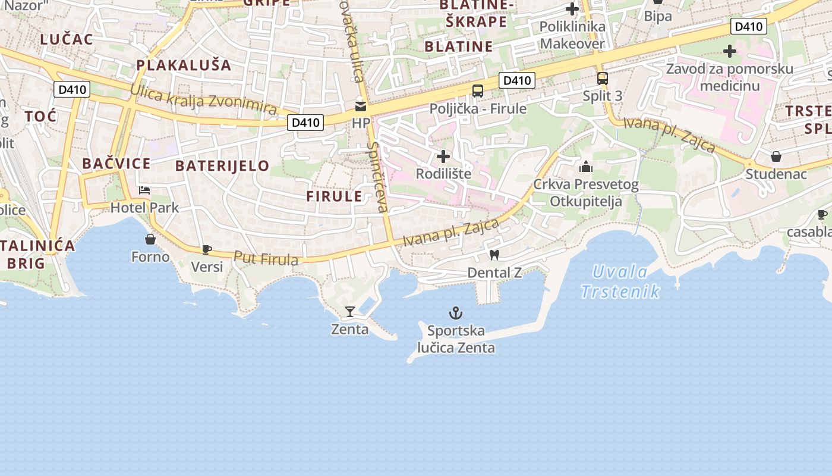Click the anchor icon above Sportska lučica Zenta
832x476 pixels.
pyautogui.click(x=455, y=313)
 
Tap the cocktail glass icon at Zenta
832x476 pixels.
pyautogui.click(x=349, y=311)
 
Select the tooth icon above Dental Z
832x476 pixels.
pyautogui.click(x=493, y=255)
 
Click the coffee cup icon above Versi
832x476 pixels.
pyautogui.click(x=206, y=249)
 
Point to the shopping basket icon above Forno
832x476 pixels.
pyautogui.click(x=150, y=239)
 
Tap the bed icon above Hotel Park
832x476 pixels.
pyautogui.click(x=144, y=190)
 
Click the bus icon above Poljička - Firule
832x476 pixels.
pyautogui.click(x=478, y=91)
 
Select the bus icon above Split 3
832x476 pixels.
pyautogui.click(x=602, y=78)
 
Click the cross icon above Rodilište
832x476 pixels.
pyautogui.click(x=443, y=156)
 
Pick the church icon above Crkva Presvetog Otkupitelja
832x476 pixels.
pyautogui.click(x=586, y=167)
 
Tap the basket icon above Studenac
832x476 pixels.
pyautogui.click(x=776, y=156)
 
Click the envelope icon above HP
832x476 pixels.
pyautogui.click(x=361, y=106)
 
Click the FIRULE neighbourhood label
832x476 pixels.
pyautogui.click(x=334, y=196)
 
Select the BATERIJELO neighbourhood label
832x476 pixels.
pyautogui.click(x=223, y=165)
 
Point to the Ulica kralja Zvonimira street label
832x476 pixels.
pyautogui.click(x=203, y=99)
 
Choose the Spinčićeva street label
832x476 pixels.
pyautogui.click(x=377, y=177)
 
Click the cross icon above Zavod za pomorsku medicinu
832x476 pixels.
pyautogui.click(x=730, y=52)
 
